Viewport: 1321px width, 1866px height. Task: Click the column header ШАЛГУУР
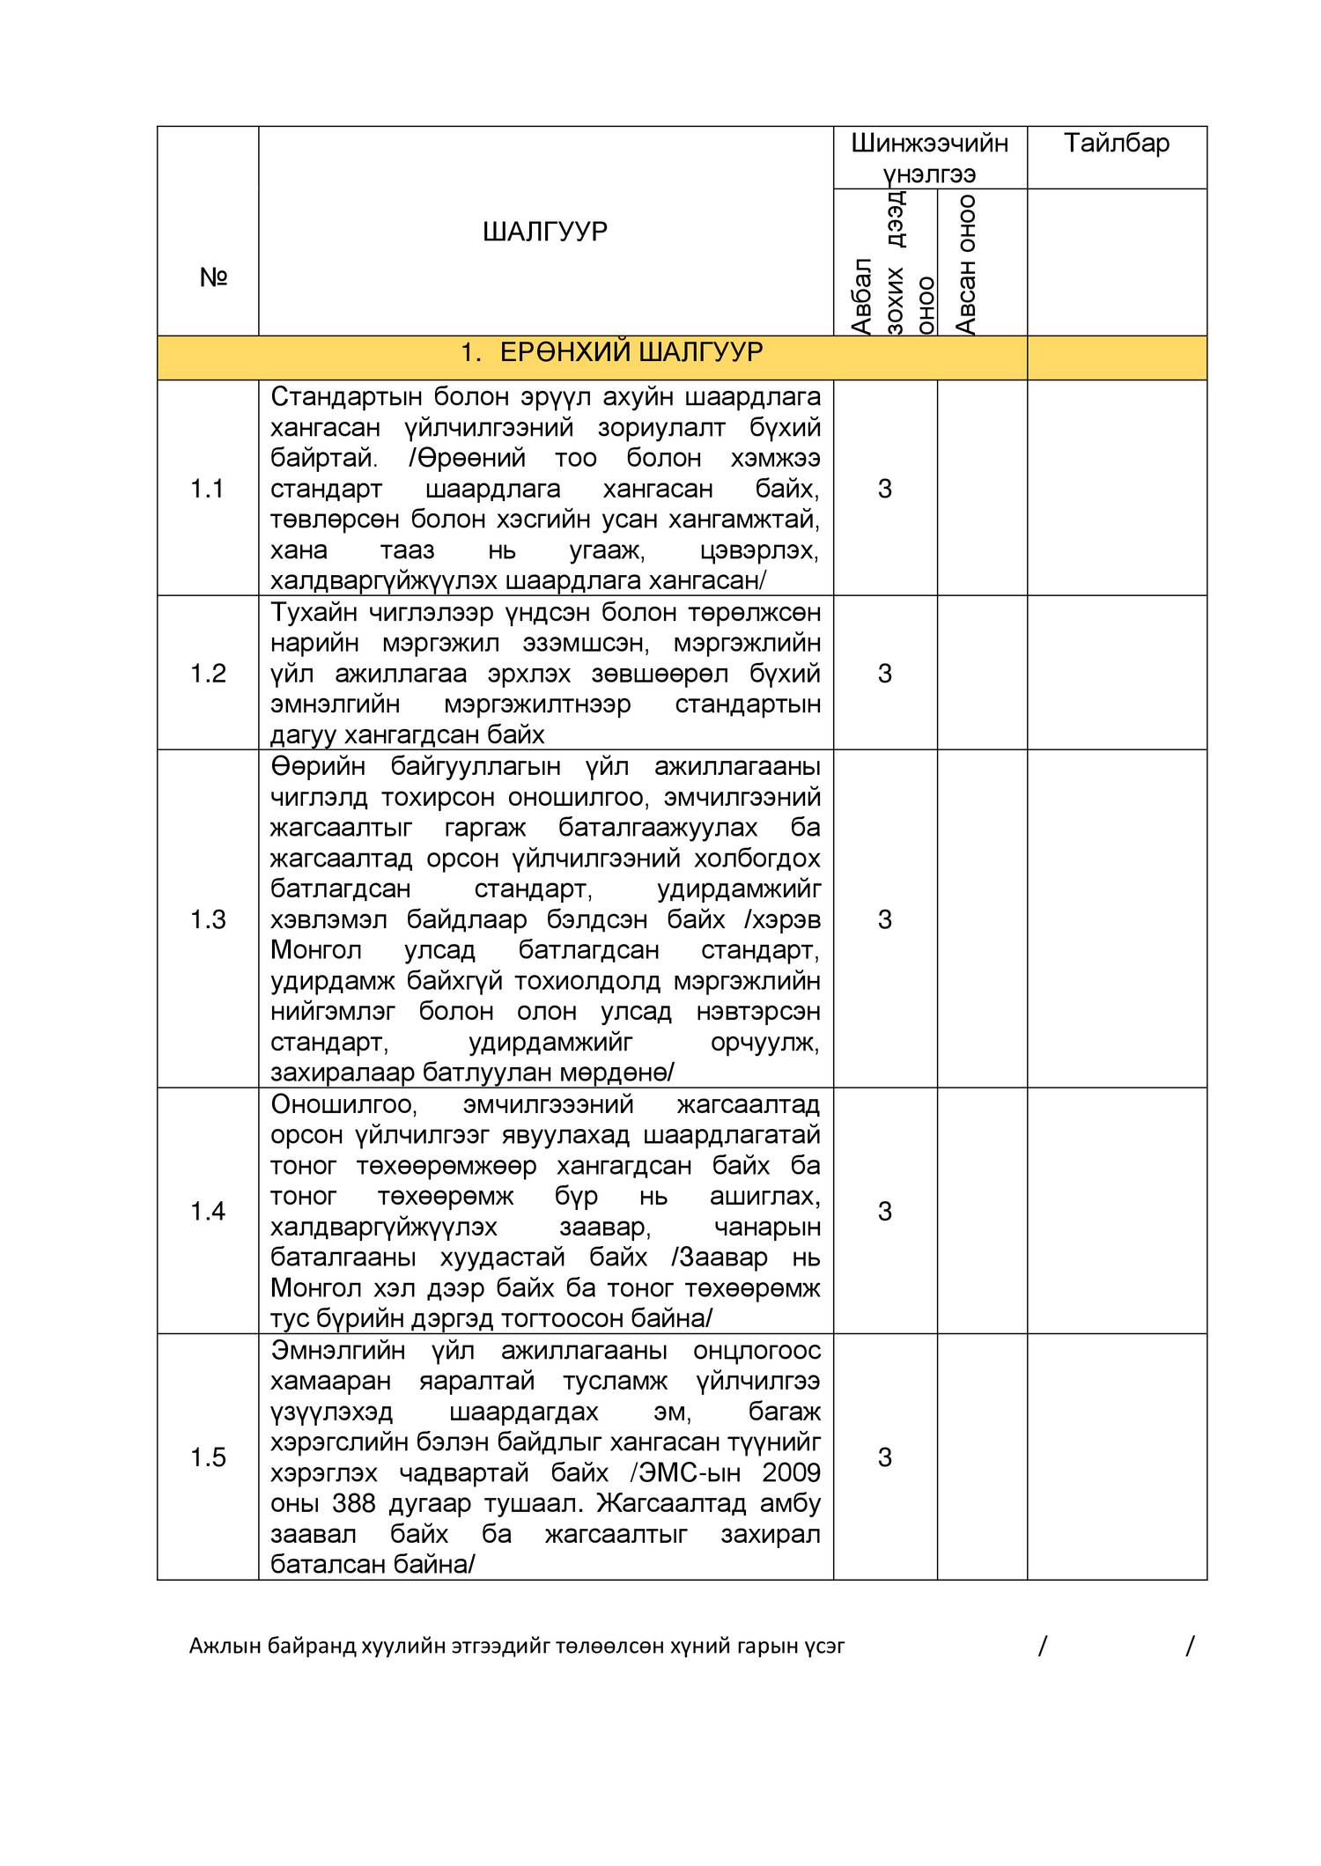click(544, 232)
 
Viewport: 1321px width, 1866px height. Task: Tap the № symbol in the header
click(214, 278)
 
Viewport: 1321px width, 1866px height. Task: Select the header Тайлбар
click(1116, 143)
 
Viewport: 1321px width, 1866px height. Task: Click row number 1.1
click(207, 489)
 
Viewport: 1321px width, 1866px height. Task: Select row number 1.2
click(208, 674)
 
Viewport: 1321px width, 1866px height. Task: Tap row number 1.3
click(208, 919)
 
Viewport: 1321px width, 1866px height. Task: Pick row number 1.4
click(208, 1212)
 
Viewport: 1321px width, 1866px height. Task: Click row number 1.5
click(208, 1457)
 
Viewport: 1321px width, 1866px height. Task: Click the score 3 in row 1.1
click(884, 489)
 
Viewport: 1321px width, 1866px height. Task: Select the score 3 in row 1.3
click(884, 919)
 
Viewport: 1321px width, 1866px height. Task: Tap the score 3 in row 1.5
click(884, 1457)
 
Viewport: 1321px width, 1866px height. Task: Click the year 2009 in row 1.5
click(791, 1472)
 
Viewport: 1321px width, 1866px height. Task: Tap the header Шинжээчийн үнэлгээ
click(929, 158)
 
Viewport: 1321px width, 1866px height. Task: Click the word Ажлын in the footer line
click(216, 1644)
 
